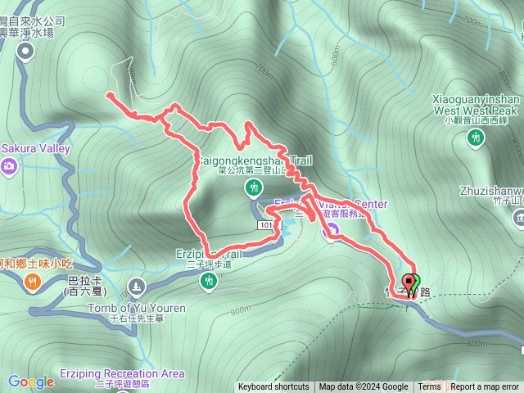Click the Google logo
[31, 382]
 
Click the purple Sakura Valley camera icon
[10, 167]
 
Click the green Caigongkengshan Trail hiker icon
[254, 188]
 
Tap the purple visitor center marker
[330, 233]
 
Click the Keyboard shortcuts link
[273, 387]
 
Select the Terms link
[429, 387]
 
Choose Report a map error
[486, 387]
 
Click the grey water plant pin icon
[25, 52]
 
